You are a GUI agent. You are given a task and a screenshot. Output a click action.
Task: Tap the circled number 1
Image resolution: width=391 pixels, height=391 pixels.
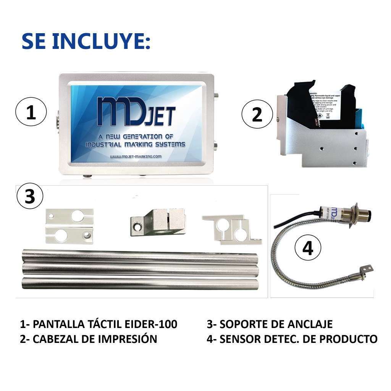pos(31,113)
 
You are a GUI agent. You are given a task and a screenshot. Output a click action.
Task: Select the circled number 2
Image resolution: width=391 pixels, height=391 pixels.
pos(257,114)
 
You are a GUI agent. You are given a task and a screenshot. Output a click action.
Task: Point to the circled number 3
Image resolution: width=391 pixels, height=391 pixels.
pos(30,196)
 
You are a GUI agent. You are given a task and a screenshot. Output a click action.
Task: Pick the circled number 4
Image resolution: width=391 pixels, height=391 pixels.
pos(308,248)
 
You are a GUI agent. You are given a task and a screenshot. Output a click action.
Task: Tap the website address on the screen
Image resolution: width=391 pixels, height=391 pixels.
pos(136,157)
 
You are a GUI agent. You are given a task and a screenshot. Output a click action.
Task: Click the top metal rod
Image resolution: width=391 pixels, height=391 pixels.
pos(139,255)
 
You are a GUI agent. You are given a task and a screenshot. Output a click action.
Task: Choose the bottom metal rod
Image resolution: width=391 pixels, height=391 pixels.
pos(139,283)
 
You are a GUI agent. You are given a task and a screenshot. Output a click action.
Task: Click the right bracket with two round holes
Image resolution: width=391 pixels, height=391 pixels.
pos(233,229)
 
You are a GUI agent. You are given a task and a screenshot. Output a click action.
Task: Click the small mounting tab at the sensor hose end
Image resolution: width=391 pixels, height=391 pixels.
pos(367,270)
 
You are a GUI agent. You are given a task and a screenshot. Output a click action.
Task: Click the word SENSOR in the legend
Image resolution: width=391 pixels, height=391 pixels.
pos(239,339)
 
